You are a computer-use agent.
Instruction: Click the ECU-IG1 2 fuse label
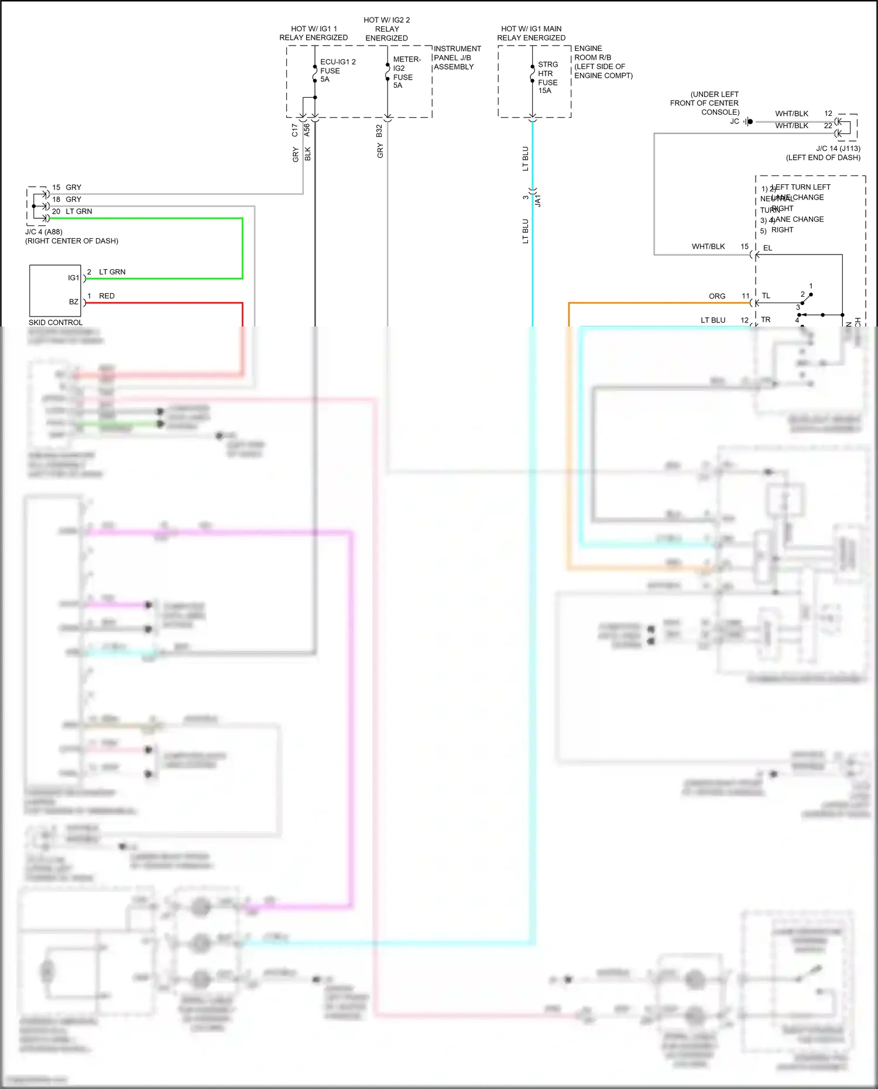click(x=337, y=70)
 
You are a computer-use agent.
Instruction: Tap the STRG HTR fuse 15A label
click(x=547, y=77)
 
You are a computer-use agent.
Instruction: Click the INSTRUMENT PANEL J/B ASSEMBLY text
click(x=457, y=57)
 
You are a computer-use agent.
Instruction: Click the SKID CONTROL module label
click(x=56, y=322)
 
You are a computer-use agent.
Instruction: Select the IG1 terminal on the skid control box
click(x=73, y=278)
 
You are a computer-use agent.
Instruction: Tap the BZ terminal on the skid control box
click(x=74, y=302)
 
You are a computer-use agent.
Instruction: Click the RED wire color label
click(x=107, y=296)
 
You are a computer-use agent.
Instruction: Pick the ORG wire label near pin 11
click(x=716, y=296)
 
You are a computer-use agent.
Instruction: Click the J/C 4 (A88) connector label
click(x=44, y=232)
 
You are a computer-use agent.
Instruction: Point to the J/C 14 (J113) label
click(x=838, y=149)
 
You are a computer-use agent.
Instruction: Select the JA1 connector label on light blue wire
click(x=538, y=200)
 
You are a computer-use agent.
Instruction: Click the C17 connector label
click(x=295, y=130)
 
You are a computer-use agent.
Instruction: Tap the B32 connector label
click(x=379, y=131)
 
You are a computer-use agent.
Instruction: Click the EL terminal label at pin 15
click(x=767, y=248)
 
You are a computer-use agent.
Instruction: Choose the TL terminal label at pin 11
click(x=766, y=296)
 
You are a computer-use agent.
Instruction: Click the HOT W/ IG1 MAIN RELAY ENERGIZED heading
click(x=531, y=33)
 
